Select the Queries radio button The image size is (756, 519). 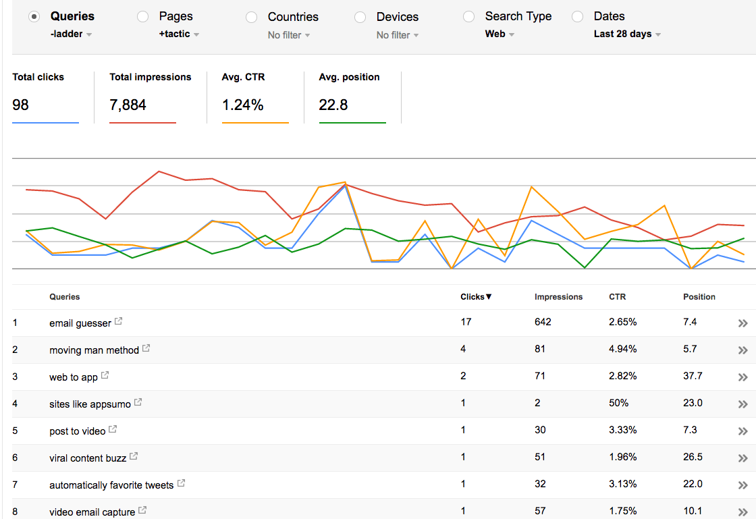(x=34, y=17)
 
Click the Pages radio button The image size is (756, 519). (x=143, y=17)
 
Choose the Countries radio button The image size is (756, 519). (x=252, y=17)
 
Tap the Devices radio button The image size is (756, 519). (x=360, y=17)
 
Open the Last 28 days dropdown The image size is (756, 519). (x=627, y=34)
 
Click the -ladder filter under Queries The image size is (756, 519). (x=71, y=34)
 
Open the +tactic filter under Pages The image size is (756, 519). (x=179, y=34)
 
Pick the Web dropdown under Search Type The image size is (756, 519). (x=500, y=34)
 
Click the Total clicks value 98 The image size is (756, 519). (x=21, y=105)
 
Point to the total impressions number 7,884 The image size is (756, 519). (x=128, y=105)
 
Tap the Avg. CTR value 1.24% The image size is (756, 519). (x=242, y=105)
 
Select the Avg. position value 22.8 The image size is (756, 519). (x=333, y=105)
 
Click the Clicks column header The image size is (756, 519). (x=476, y=297)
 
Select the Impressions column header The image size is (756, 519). (x=558, y=297)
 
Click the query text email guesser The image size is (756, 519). (x=80, y=323)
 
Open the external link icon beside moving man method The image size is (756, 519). (x=146, y=349)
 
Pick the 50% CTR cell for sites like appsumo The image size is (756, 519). (x=618, y=403)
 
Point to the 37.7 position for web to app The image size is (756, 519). (x=693, y=376)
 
